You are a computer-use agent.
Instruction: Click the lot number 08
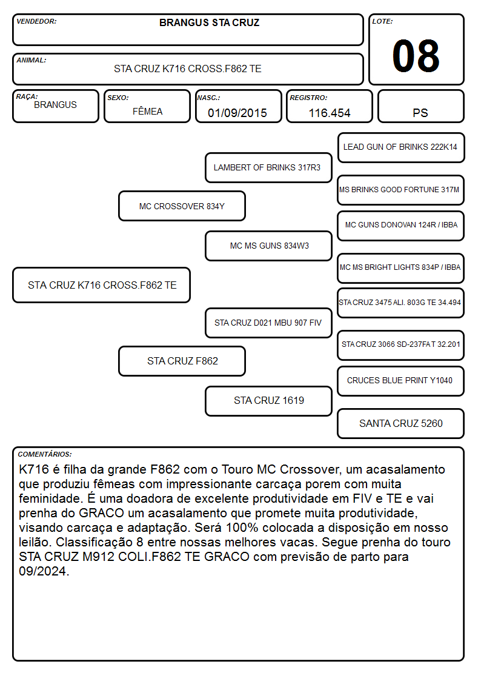(416, 56)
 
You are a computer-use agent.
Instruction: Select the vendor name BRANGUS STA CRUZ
(210, 22)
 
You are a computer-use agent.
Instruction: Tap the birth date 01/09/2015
(237, 113)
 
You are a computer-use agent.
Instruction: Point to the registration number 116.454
(329, 113)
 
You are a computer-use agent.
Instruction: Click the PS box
(420, 106)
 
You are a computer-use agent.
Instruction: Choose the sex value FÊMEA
(147, 111)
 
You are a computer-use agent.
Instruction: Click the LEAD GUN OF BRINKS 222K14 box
(401, 147)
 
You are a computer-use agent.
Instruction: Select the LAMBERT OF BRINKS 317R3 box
(268, 167)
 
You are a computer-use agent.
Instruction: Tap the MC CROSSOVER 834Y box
(182, 206)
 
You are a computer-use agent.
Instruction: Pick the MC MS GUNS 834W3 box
(268, 246)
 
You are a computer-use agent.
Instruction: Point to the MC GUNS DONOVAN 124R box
(401, 226)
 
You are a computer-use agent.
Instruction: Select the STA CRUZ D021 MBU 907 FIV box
(268, 323)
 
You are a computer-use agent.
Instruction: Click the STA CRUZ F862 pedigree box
(182, 361)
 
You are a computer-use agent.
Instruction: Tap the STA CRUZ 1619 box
(268, 401)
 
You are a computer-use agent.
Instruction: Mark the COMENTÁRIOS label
(45, 454)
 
